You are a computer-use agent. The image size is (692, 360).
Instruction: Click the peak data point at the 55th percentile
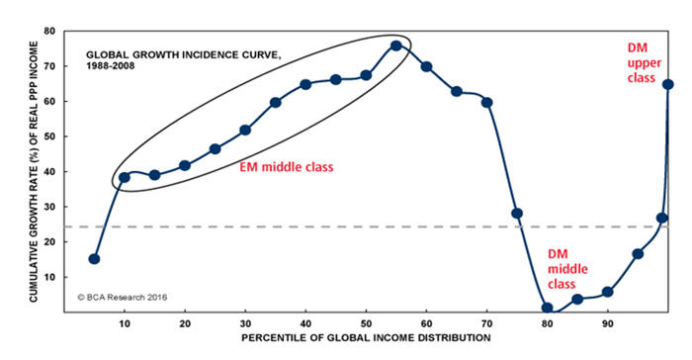point(395,45)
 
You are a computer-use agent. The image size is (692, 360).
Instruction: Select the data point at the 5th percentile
point(94,259)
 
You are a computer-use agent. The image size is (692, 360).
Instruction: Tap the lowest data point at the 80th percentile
point(547,309)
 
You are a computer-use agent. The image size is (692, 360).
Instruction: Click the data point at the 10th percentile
point(125,178)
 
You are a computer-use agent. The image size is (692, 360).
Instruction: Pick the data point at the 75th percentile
point(516,214)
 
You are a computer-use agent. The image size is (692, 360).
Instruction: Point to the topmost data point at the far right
point(667,84)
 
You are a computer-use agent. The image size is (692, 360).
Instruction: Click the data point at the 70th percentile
point(486,103)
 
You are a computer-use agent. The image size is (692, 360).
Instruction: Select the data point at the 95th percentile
point(638,254)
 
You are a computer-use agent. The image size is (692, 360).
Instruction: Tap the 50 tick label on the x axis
point(366,323)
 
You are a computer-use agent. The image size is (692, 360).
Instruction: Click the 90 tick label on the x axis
point(607,323)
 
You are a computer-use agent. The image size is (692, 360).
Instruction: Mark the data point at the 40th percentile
point(305,84)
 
